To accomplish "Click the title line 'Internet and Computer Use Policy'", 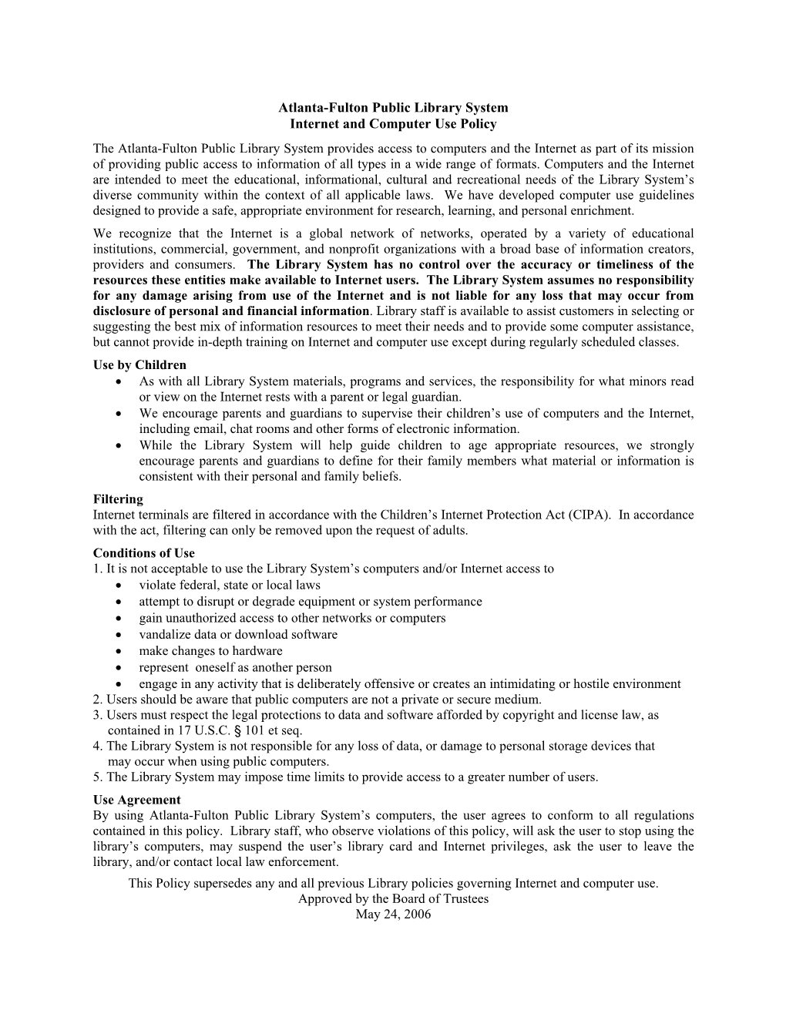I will [393, 124].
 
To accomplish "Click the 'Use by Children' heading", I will [139, 365].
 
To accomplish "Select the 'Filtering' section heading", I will [118, 499].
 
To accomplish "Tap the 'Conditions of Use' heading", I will [144, 553].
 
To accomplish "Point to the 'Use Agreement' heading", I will [137, 800].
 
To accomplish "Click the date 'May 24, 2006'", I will [393, 915].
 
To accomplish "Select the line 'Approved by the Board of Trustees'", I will [393, 899].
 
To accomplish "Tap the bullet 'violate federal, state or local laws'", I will [230, 586].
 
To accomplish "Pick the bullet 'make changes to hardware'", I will [210, 651].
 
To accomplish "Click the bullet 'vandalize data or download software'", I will [238, 635].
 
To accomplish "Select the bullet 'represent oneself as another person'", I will [235, 667].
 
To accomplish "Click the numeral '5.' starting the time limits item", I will [98, 777].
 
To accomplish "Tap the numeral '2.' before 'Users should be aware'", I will [98, 700].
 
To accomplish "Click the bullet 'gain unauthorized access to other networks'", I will [292, 618].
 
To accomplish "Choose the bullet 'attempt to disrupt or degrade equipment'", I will [311, 602].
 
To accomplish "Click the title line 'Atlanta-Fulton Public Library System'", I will [393, 108].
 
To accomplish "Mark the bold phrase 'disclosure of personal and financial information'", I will [231, 311].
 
